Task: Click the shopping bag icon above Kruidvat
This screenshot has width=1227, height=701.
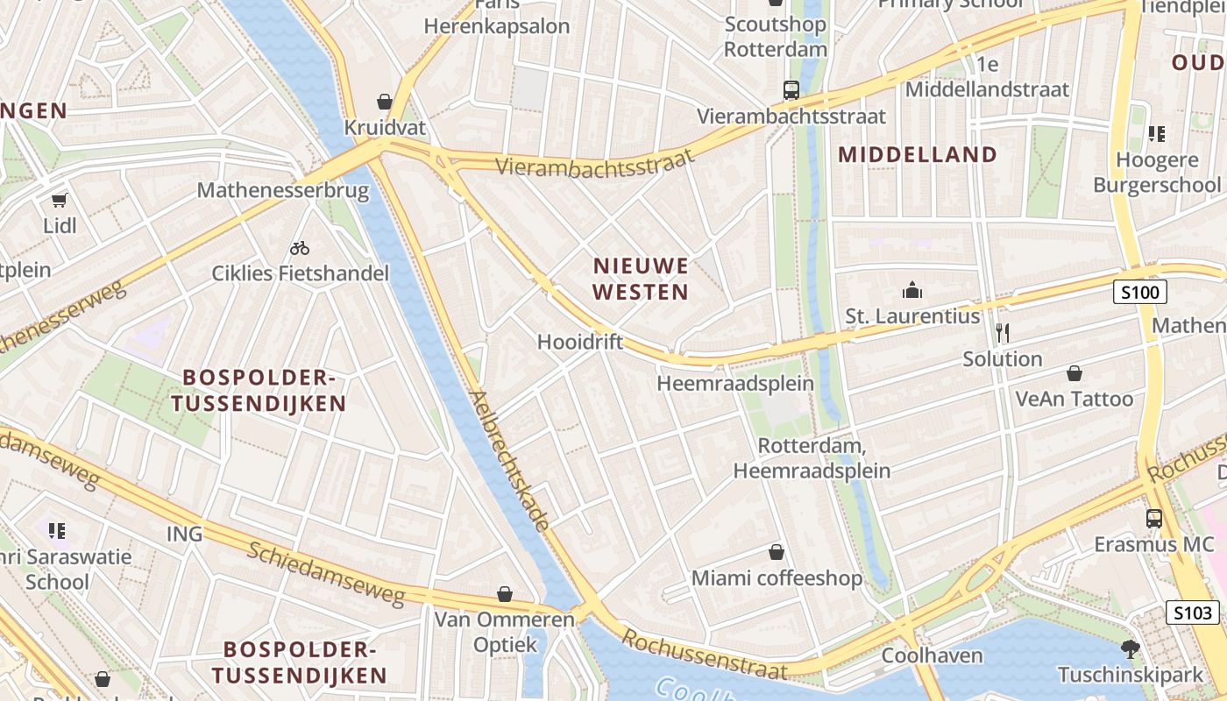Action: [x=384, y=102]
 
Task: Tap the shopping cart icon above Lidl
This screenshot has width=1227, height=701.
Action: [x=59, y=201]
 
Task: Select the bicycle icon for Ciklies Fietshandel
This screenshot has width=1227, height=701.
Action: [x=300, y=248]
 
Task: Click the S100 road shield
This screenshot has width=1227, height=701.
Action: [x=1139, y=292]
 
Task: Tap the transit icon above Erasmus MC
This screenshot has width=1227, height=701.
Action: [x=1154, y=518]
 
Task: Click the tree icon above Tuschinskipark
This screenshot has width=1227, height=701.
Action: [x=1131, y=649]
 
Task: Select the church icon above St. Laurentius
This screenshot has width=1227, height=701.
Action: [x=912, y=290]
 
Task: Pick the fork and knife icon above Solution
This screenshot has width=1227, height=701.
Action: [x=1003, y=333]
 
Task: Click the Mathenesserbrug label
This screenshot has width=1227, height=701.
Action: [x=283, y=190]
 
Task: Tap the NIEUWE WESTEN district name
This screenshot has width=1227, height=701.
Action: [x=641, y=279]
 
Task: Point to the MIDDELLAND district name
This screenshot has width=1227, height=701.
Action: [x=918, y=155]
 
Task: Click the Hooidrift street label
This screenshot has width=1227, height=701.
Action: [x=579, y=342]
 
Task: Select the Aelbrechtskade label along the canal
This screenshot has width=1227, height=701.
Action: [x=509, y=460]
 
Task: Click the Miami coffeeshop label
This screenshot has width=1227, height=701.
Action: [x=777, y=578]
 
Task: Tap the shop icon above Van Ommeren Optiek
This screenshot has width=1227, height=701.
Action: [x=505, y=594]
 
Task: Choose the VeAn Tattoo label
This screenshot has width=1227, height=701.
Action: [x=1074, y=399]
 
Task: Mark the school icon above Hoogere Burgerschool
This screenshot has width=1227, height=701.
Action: [x=1157, y=134]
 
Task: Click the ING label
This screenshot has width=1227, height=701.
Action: [x=184, y=534]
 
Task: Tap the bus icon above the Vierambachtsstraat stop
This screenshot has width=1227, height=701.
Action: [x=791, y=89]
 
